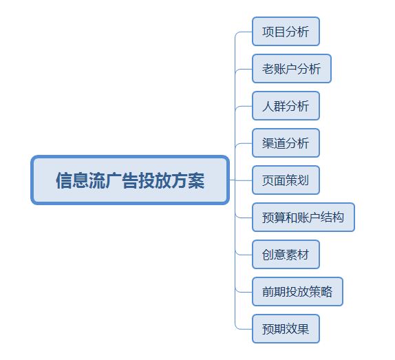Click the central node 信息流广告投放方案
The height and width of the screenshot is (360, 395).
pos(130,180)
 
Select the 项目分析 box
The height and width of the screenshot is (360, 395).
pos(286,32)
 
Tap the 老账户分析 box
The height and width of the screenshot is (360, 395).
pos(292,69)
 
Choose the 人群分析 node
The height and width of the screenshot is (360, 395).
pos(286,106)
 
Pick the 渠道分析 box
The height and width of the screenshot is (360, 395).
pos(286,143)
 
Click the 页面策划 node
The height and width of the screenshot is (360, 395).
pos(286,180)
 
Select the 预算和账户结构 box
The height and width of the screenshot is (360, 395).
pos(303,217)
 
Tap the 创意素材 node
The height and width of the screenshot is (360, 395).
pos(286,255)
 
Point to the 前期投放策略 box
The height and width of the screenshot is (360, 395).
pos(297,291)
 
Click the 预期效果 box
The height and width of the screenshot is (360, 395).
pos(286,329)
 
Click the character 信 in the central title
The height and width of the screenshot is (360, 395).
pos(64,180)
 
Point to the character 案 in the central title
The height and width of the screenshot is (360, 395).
pos(196,180)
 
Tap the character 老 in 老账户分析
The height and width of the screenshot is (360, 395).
pos(268,69)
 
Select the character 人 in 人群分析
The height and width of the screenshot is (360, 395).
pos(268,106)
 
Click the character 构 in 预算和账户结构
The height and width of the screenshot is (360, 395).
pos(338,218)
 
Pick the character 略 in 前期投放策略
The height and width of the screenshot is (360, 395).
pos(326,292)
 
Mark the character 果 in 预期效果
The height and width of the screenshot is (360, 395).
pos(303,329)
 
